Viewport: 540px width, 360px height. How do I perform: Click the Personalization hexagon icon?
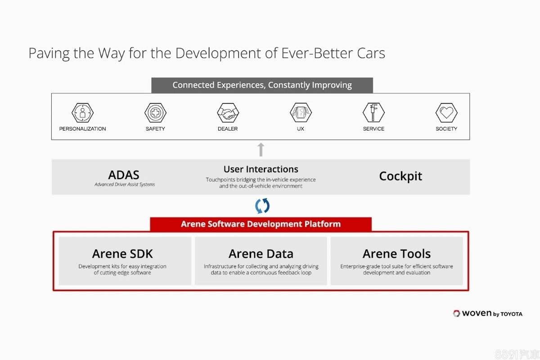(x=82, y=112)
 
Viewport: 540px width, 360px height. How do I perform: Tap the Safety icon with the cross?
(x=155, y=112)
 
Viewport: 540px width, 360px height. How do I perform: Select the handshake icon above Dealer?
(x=228, y=112)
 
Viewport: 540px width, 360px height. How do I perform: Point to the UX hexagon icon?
(x=301, y=112)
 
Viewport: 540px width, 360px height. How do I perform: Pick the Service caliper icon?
(x=373, y=112)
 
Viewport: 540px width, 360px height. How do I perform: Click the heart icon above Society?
(x=446, y=112)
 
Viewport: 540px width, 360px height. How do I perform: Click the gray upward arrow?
(x=261, y=149)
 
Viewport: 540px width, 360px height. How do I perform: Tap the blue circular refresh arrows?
(x=262, y=206)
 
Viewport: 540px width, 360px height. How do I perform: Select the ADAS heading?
(x=124, y=175)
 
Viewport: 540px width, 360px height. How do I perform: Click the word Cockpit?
(x=400, y=176)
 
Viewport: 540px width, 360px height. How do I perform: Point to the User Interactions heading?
(x=261, y=169)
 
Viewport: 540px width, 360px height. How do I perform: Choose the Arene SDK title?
(x=122, y=254)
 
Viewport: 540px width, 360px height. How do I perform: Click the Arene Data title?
(x=261, y=254)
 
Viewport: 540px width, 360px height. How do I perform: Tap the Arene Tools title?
(x=396, y=254)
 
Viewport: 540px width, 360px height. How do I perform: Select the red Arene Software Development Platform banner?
(x=261, y=224)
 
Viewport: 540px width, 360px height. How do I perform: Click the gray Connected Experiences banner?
(x=262, y=85)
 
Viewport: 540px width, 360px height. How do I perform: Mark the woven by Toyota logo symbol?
(x=456, y=314)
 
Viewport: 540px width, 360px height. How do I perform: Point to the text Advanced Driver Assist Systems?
(x=125, y=184)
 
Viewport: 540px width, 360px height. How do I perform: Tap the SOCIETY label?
(x=446, y=129)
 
